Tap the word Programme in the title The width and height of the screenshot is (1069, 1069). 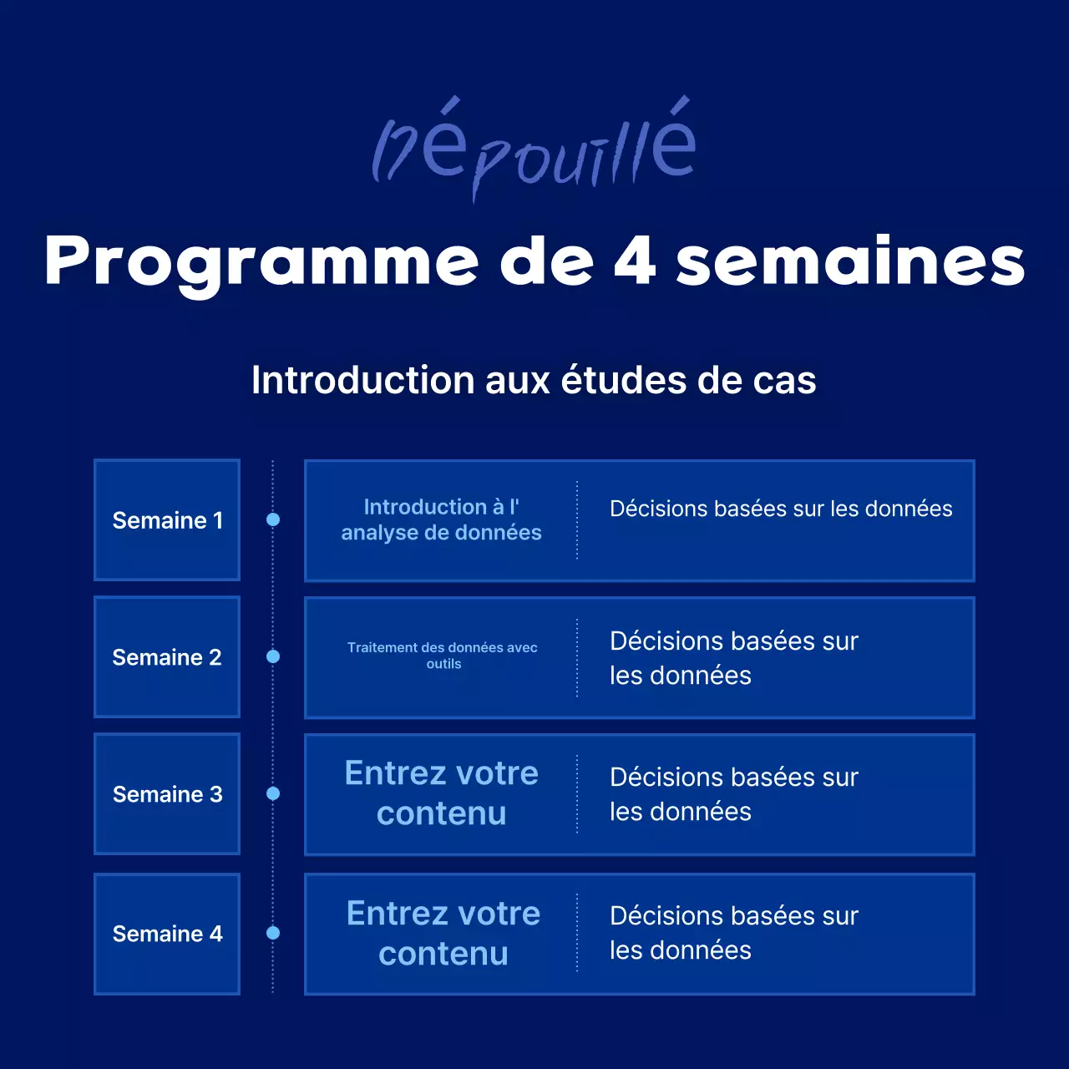pyautogui.click(x=261, y=262)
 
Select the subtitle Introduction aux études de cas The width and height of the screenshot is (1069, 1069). pyautogui.click(x=534, y=380)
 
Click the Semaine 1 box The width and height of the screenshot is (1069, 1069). pyautogui.click(x=167, y=519)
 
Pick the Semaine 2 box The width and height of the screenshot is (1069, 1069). pyautogui.click(x=167, y=657)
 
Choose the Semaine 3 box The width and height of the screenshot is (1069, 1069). pyautogui.click(x=167, y=793)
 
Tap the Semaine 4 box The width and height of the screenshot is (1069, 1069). pyautogui.click(x=167, y=933)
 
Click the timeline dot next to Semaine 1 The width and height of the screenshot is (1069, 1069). pyautogui.click(x=273, y=519)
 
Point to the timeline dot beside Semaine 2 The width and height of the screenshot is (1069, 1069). pyautogui.click(x=273, y=656)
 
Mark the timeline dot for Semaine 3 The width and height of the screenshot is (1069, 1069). pyautogui.click(x=273, y=793)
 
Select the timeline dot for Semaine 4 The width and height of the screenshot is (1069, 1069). pyautogui.click(x=273, y=933)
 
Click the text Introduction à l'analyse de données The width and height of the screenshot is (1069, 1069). pyautogui.click(x=441, y=519)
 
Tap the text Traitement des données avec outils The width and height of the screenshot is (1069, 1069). pyautogui.click(x=443, y=656)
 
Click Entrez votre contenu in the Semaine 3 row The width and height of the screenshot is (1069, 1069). pyautogui.click(x=441, y=793)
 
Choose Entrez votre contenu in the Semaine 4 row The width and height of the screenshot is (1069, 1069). pyautogui.click(x=443, y=933)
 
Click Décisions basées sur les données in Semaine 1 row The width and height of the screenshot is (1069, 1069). pyautogui.click(x=781, y=509)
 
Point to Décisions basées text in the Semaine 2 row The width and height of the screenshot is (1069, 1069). pyautogui.click(x=733, y=658)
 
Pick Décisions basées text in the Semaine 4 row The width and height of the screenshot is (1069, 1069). pyautogui.click(x=733, y=933)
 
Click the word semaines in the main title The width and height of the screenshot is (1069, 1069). pyautogui.click(x=850, y=261)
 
